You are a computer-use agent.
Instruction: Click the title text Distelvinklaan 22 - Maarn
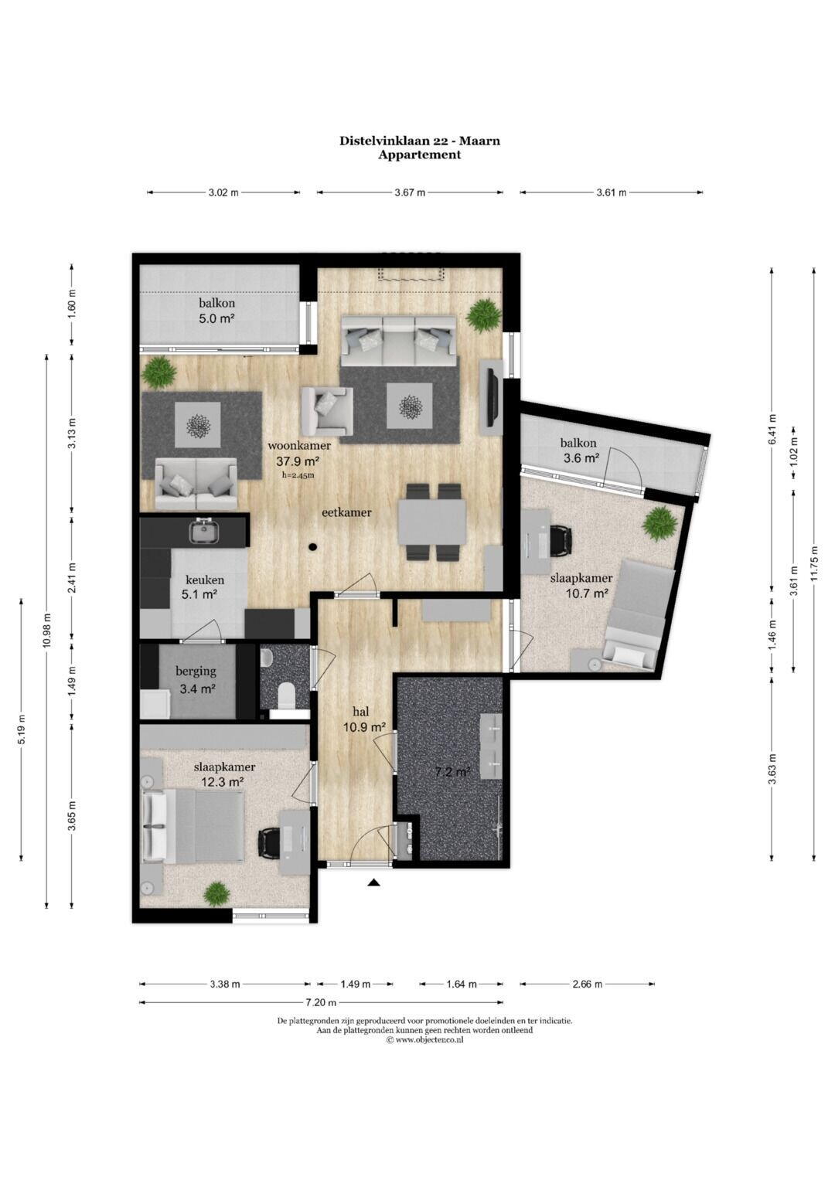[420, 141]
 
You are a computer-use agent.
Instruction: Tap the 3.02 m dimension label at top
[223, 193]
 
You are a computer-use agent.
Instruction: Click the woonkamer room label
[299, 445]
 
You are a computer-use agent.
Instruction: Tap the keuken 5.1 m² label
[205, 587]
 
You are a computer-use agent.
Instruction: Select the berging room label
[196, 671]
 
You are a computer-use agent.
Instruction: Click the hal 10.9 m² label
[362, 719]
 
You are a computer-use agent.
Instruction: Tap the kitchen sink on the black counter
[204, 530]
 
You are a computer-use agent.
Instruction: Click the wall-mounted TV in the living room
[492, 398]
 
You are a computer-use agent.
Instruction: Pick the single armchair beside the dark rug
[325, 408]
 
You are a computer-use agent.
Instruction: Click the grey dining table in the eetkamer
[432, 522]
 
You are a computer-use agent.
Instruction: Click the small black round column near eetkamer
[313, 547]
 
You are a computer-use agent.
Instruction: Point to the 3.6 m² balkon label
[579, 451]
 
